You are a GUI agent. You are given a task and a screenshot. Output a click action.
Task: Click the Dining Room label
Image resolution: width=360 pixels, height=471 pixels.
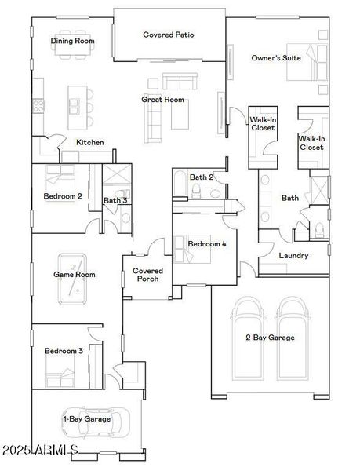tap(73, 41)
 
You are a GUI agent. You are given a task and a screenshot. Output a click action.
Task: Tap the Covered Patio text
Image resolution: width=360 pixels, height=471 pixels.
tap(169, 35)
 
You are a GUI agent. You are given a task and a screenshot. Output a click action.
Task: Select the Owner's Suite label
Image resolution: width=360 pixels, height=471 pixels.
tap(276, 58)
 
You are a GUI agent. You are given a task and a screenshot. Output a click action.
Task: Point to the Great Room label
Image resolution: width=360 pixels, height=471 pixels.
tap(162, 100)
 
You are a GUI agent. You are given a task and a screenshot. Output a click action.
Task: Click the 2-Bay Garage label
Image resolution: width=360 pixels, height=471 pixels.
tap(270, 338)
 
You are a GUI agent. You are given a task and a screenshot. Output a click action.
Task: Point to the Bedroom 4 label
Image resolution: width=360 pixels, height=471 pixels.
tap(207, 244)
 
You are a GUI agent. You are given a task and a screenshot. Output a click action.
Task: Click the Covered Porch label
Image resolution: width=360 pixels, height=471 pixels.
tap(147, 275)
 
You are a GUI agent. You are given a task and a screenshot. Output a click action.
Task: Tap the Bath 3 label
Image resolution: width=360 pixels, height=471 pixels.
tap(115, 201)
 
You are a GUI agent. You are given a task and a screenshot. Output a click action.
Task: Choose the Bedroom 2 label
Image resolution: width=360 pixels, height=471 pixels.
tap(64, 196)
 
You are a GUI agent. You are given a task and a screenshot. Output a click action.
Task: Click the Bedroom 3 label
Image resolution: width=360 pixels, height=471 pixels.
tap(64, 351)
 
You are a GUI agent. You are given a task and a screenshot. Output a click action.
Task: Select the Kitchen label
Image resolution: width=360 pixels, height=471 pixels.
tap(90, 142)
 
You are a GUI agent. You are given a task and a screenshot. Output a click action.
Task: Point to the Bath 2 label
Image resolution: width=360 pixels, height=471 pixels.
tap(202, 177)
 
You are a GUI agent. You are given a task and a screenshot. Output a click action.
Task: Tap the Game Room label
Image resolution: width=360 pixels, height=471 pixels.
tap(74, 275)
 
